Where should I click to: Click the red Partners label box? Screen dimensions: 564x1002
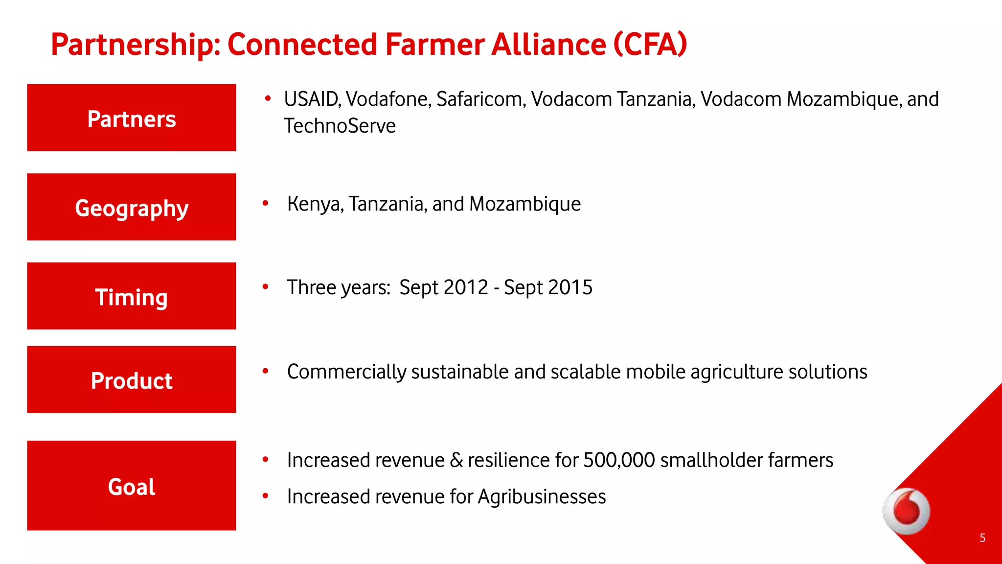(131, 117)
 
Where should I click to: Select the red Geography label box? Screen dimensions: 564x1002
(131, 207)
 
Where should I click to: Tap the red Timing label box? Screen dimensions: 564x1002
(131, 296)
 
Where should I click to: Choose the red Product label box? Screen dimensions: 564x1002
(131, 379)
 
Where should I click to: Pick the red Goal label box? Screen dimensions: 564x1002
(131, 485)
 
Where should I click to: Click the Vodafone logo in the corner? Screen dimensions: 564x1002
(907, 511)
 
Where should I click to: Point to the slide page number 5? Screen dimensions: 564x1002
(982, 538)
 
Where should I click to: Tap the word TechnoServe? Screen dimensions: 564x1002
(340, 126)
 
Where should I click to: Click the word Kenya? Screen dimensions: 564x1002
(315, 204)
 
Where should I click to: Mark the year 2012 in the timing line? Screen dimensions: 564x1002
(467, 287)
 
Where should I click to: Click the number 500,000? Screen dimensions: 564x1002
(619, 460)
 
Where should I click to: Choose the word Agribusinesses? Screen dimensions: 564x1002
(542, 497)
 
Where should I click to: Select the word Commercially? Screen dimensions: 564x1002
(346, 372)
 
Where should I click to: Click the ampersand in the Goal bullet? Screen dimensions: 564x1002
(456, 460)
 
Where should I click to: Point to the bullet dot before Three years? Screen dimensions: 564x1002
(266, 286)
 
